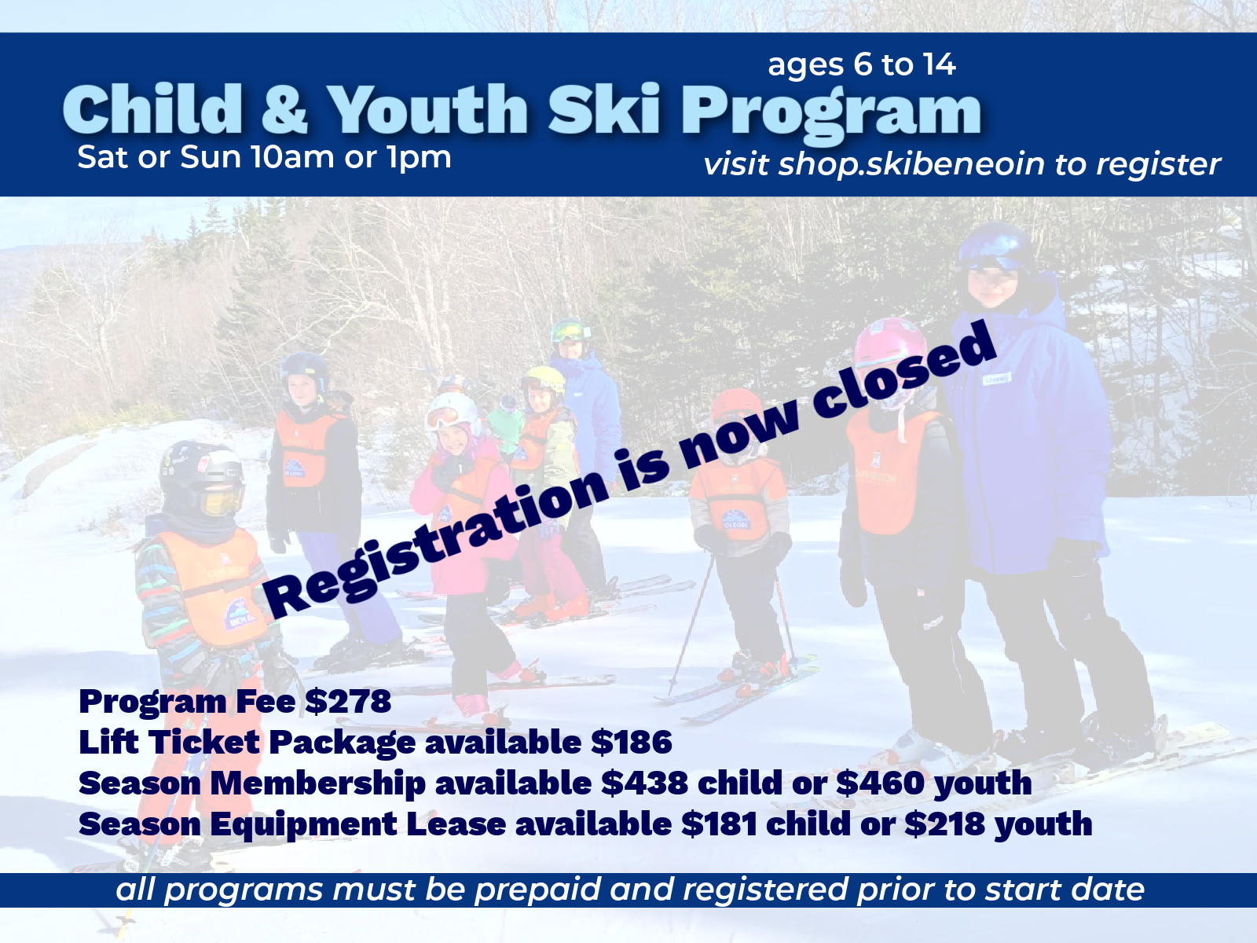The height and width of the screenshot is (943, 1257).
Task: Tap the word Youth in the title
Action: tap(428, 110)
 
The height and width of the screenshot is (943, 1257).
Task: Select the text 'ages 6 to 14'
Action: tap(861, 64)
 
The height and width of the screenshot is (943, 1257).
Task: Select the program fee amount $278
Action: tap(348, 701)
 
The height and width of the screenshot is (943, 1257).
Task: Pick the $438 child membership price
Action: tap(644, 783)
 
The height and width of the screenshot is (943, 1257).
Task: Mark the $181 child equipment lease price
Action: tap(719, 824)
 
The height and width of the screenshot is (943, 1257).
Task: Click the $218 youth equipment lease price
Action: tap(944, 824)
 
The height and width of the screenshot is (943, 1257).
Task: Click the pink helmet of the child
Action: tap(890, 346)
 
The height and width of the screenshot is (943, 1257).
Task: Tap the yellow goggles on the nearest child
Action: tap(217, 500)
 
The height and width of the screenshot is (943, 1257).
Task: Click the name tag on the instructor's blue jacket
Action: tap(995, 380)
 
